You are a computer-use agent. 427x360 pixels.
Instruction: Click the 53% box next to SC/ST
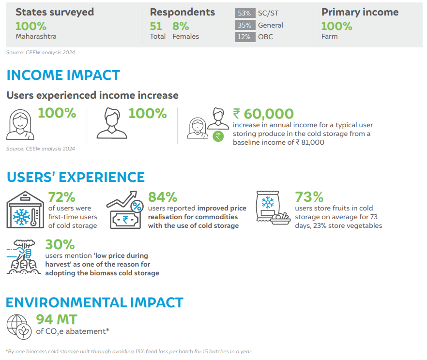(x=245, y=13)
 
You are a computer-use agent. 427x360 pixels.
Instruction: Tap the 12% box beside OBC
(x=245, y=37)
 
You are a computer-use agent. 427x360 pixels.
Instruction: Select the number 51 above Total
(x=156, y=27)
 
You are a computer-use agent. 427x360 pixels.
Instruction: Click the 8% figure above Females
(x=181, y=27)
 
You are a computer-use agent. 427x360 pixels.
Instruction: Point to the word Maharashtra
(x=36, y=36)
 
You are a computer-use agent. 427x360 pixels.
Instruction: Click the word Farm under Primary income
(x=330, y=36)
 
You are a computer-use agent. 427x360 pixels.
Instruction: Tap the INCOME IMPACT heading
(x=63, y=75)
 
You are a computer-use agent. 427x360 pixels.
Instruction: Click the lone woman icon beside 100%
(x=20, y=124)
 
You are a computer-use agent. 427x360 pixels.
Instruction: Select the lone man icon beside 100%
(x=112, y=123)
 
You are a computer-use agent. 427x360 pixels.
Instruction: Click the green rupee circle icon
(x=218, y=136)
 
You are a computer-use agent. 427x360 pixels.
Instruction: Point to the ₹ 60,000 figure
(x=263, y=114)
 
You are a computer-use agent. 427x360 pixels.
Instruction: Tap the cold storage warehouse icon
(x=25, y=210)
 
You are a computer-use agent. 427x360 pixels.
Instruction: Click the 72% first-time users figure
(x=62, y=197)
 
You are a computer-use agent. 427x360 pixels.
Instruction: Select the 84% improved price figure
(x=163, y=197)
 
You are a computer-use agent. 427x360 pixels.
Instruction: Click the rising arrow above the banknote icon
(x=122, y=200)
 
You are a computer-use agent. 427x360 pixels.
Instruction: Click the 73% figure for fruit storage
(x=309, y=197)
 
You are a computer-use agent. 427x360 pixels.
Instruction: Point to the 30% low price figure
(x=60, y=244)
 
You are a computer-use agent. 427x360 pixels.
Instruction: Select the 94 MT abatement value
(x=57, y=319)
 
